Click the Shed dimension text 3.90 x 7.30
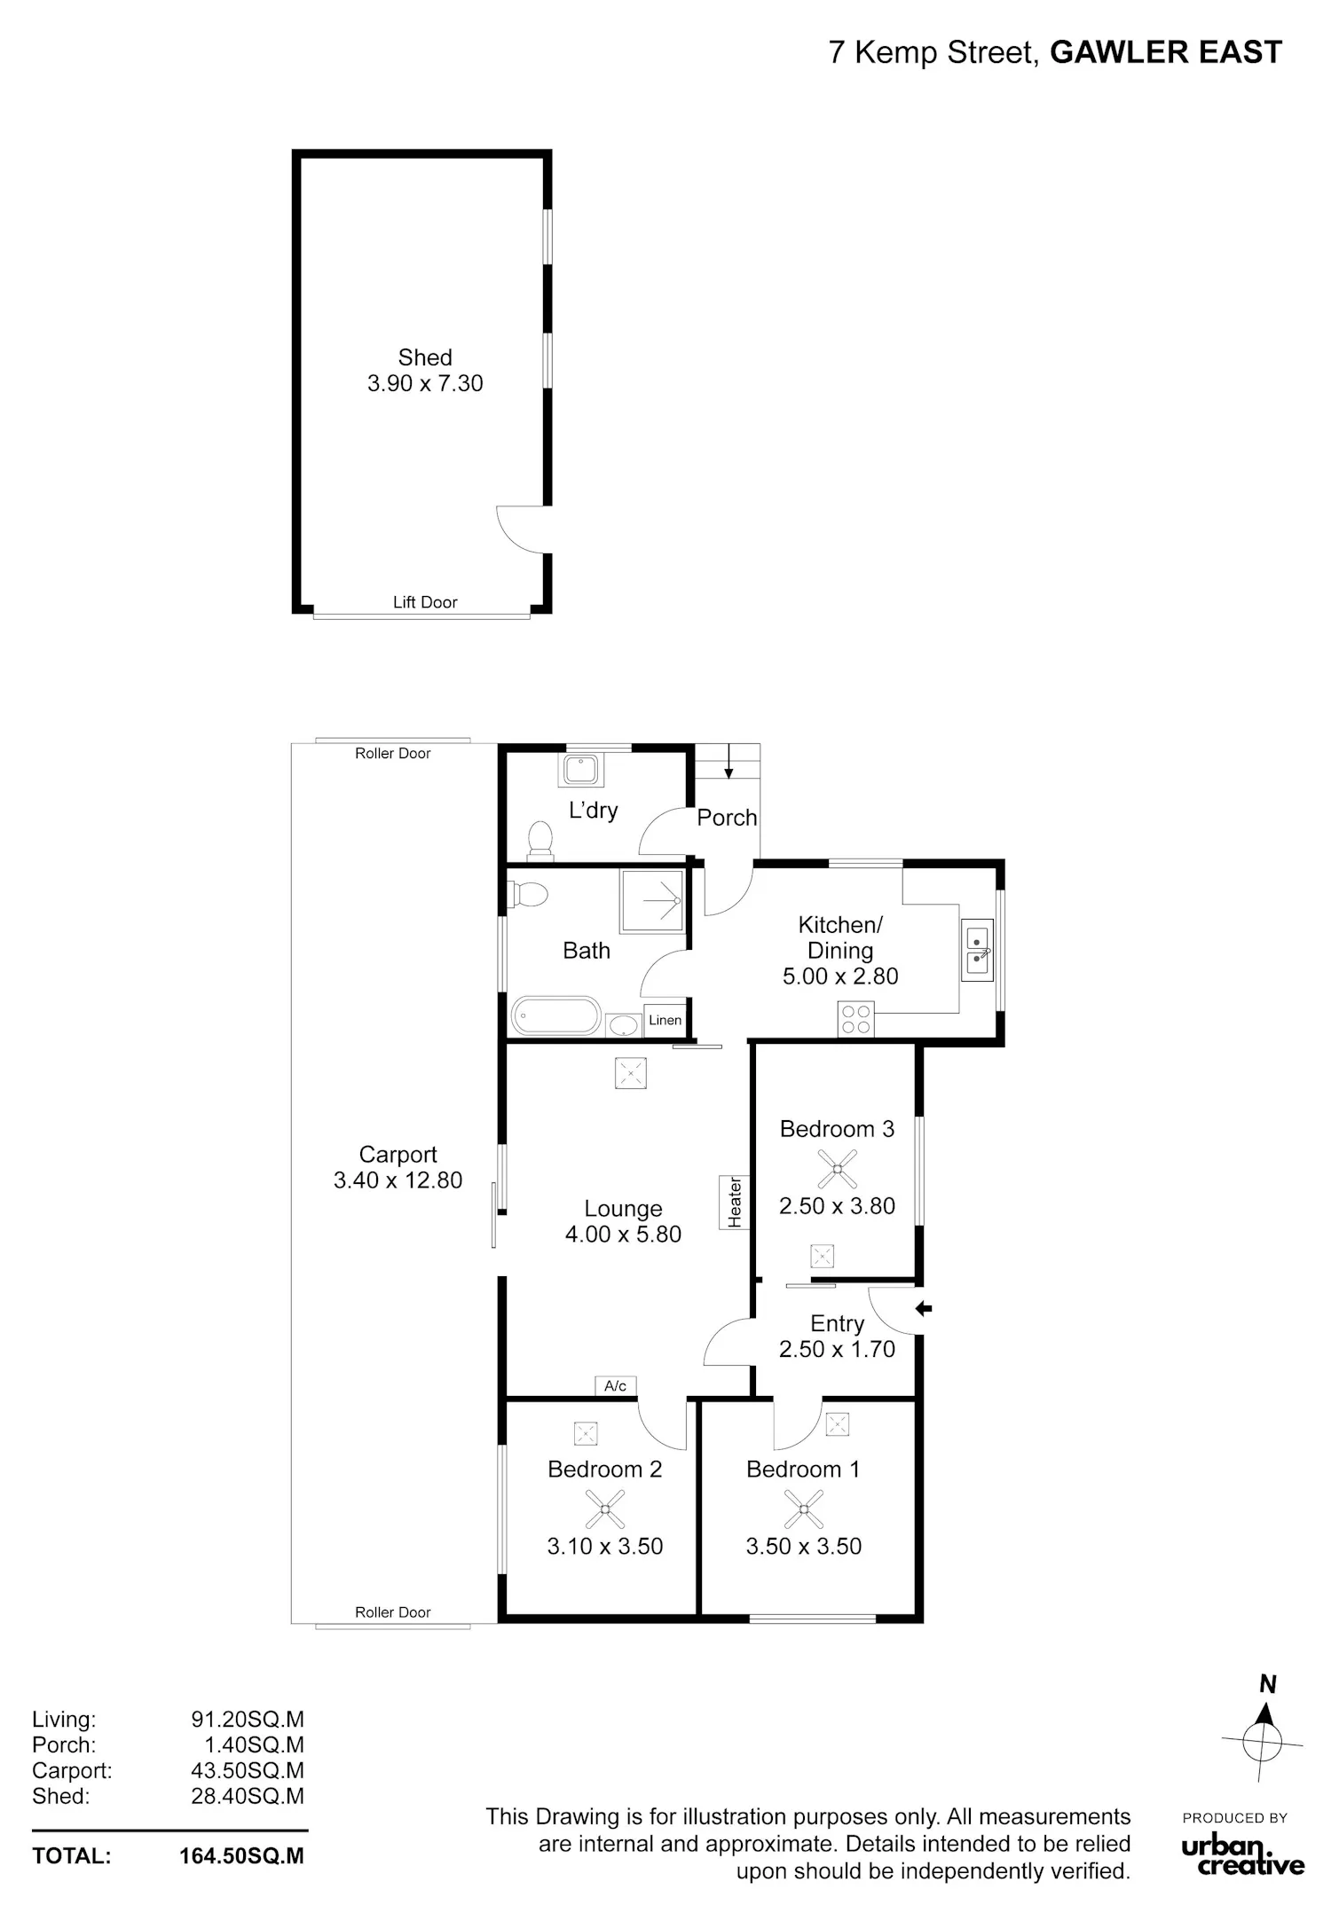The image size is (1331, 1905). (x=425, y=383)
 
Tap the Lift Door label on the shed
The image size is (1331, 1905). (x=425, y=602)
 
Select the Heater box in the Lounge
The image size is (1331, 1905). (x=735, y=1203)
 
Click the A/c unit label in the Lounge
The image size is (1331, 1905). (x=615, y=1385)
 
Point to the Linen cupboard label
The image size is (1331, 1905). (x=665, y=1020)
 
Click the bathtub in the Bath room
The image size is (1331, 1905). (x=556, y=1015)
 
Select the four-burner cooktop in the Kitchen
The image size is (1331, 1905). (x=855, y=1018)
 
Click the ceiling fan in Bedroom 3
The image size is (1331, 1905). (x=837, y=1168)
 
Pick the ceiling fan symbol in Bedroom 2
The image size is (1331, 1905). (x=604, y=1509)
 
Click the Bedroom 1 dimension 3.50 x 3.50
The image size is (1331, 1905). (x=803, y=1546)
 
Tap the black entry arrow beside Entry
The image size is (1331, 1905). (x=924, y=1308)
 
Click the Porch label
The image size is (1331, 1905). (x=727, y=818)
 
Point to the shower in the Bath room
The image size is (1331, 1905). (x=652, y=901)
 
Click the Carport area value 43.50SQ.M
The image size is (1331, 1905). (x=248, y=1771)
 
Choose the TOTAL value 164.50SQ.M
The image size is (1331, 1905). (x=241, y=1856)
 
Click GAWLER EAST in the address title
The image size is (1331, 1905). (x=1166, y=52)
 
